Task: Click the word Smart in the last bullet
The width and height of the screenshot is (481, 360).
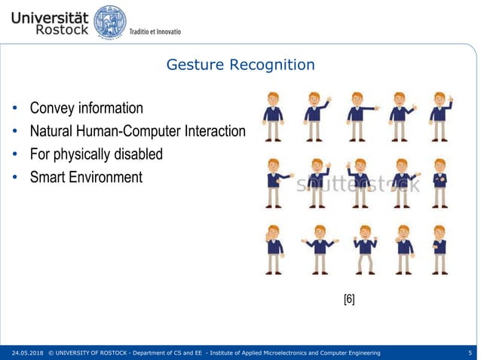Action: [47, 178]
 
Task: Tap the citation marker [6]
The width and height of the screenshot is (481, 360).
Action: [349, 299]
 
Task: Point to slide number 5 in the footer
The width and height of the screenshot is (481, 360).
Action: [470, 352]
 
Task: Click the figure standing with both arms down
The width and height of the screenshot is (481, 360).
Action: [272, 116]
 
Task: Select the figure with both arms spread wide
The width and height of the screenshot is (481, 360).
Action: [320, 249]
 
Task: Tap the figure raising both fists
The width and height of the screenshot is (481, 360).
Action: [365, 249]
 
